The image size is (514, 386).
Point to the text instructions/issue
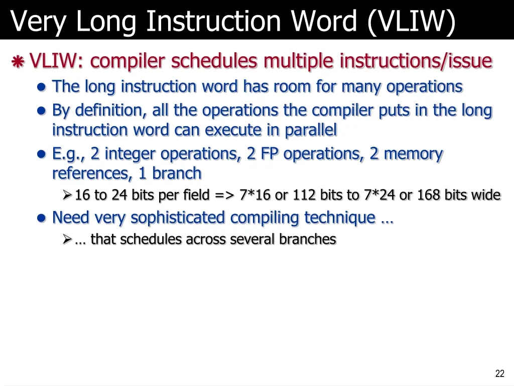coord(416,61)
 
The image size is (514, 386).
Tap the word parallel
coord(311,130)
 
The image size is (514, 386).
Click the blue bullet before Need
coord(42,218)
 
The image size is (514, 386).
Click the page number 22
coord(499,373)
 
